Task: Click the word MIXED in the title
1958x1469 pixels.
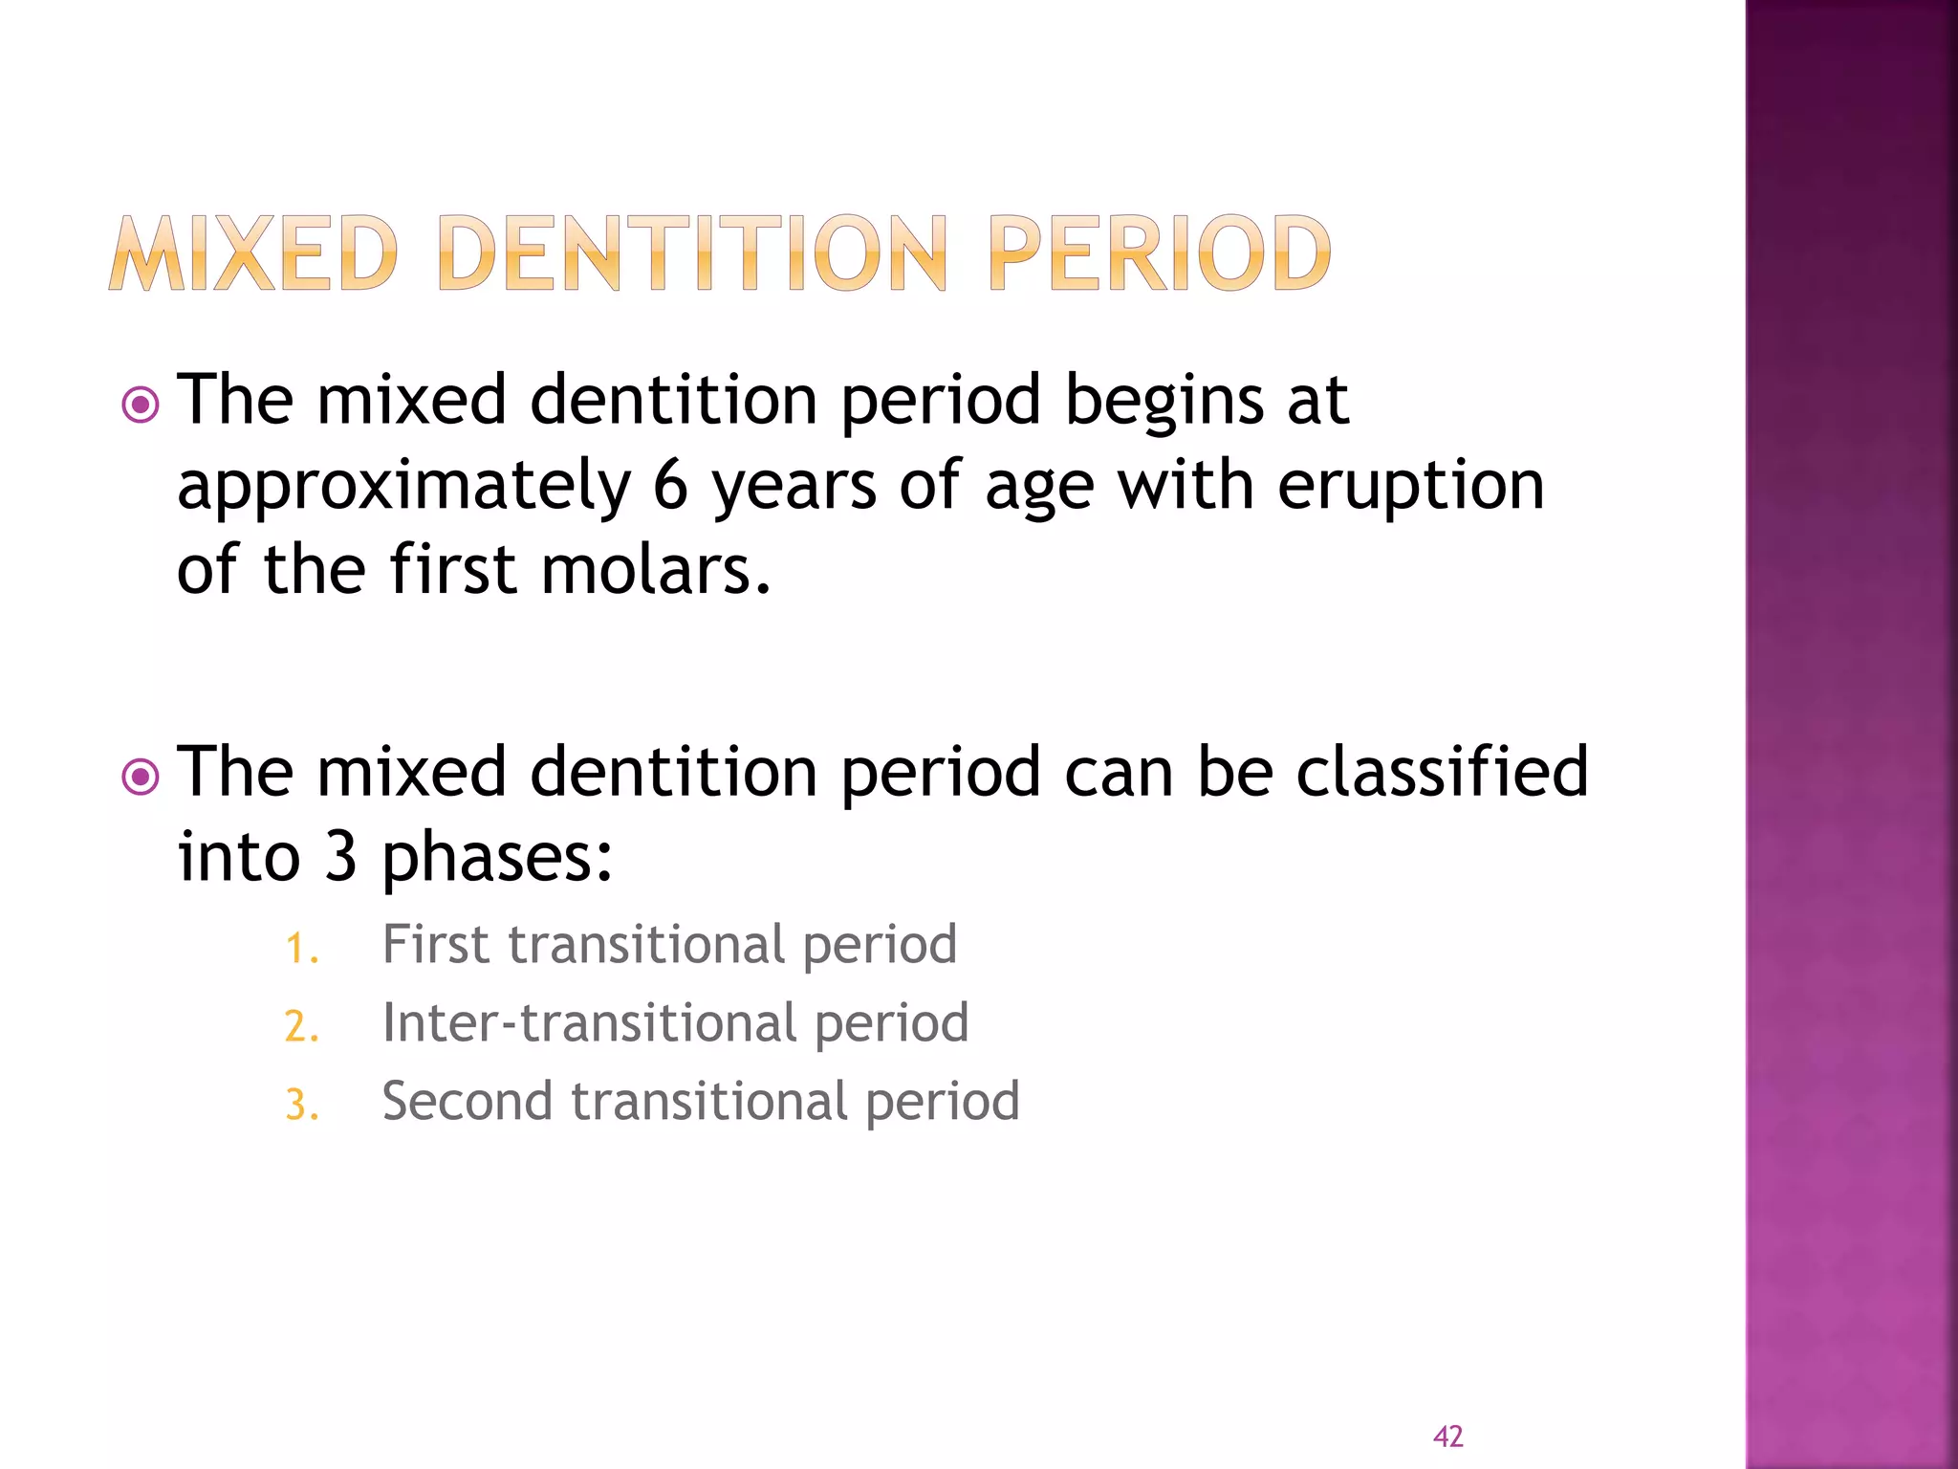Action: tap(253, 253)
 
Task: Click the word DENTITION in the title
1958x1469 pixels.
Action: tap(692, 253)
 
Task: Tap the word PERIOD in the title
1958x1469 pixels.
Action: tap(1159, 253)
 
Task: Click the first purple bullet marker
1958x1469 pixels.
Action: tap(141, 405)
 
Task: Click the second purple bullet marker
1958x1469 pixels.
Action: tap(141, 777)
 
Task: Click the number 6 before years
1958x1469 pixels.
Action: tap(670, 485)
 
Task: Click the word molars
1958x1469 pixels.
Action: tap(655, 570)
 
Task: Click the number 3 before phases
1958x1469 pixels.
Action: tap(340, 856)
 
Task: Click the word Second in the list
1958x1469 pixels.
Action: tap(468, 1102)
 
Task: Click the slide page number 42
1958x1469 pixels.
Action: tap(1447, 1436)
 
